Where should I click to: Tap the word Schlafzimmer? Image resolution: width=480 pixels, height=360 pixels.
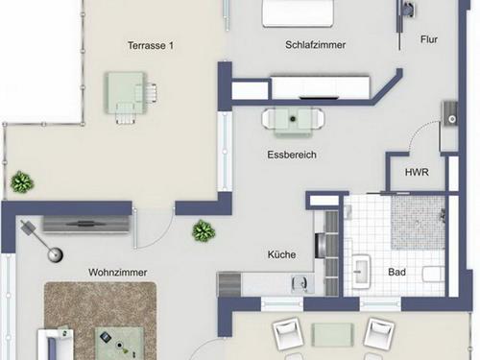click(315, 45)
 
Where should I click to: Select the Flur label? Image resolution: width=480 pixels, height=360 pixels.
click(428, 40)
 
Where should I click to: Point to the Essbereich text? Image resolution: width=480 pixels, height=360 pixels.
click(292, 154)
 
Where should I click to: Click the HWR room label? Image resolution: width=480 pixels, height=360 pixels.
click(417, 174)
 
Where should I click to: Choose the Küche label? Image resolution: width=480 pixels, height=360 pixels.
click(281, 254)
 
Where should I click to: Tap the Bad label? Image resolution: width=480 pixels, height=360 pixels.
click(396, 273)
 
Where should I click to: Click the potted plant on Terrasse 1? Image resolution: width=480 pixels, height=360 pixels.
click(20, 181)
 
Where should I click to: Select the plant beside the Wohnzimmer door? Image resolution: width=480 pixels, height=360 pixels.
click(203, 230)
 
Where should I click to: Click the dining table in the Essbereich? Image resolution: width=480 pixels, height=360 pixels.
click(294, 120)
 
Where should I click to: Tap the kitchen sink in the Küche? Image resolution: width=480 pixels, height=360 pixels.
click(299, 284)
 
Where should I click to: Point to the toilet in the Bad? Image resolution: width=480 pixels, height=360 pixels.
click(433, 275)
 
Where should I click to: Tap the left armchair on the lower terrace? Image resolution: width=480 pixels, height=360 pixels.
click(290, 335)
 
